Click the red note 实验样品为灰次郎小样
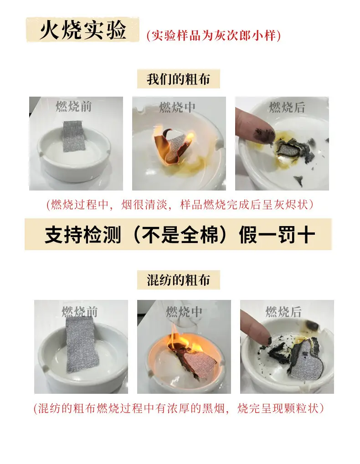[x=214, y=36]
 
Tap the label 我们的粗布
[x=178, y=79]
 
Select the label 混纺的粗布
[x=178, y=280]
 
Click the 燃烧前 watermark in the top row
[x=74, y=107]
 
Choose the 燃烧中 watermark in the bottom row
[x=184, y=312]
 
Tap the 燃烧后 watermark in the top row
[x=287, y=107]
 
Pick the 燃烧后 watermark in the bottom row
[x=283, y=312]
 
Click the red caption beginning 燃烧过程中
[x=180, y=205]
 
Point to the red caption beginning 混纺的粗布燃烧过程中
[x=179, y=408]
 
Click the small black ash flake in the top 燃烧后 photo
[x=298, y=180]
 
